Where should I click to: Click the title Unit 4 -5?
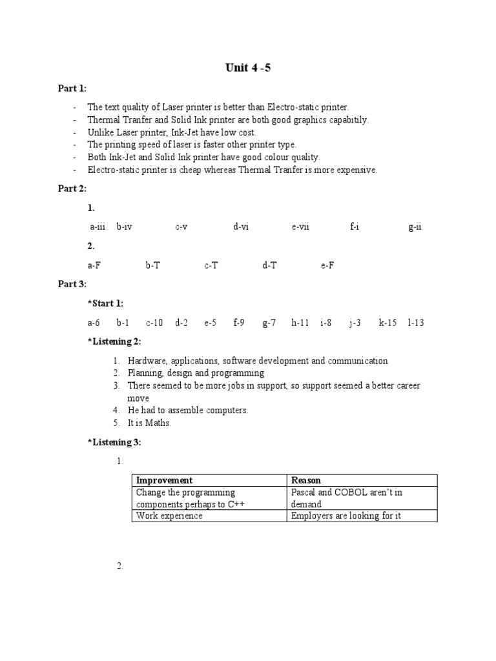point(247,68)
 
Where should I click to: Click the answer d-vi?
point(241,227)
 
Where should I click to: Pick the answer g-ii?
point(415,227)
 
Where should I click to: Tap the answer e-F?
point(327,265)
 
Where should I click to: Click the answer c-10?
point(154,322)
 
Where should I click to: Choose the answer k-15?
point(387,322)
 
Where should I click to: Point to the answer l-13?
point(415,322)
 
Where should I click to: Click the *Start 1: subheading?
point(105,303)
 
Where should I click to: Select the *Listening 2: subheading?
point(114,341)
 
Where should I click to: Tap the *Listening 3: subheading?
point(114,442)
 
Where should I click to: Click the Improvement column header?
point(164,480)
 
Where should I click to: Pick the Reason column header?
point(306,480)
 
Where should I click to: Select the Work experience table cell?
point(169,516)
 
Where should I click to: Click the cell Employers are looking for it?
point(346,516)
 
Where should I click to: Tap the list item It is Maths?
point(149,423)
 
